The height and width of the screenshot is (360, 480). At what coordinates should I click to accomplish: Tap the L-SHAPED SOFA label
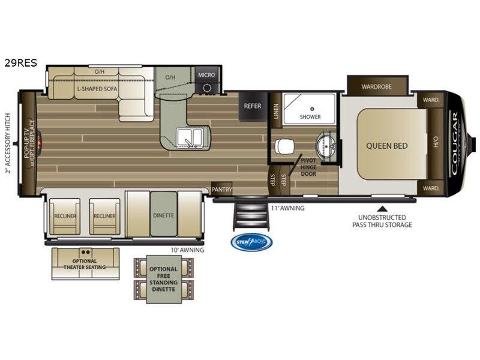pyautogui.click(x=97, y=89)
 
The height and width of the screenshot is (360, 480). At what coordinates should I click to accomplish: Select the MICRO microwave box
pyautogui.click(x=207, y=74)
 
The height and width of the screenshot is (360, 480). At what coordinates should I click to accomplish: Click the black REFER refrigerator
pyautogui.click(x=252, y=106)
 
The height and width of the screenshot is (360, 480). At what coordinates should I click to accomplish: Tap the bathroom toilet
pyautogui.click(x=284, y=146)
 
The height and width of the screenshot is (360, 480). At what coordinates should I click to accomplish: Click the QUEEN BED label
pyautogui.click(x=387, y=145)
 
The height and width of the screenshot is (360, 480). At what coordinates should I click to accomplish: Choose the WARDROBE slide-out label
pyautogui.click(x=377, y=86)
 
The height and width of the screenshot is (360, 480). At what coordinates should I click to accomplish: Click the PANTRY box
pyautogui.click(x=222, y=188)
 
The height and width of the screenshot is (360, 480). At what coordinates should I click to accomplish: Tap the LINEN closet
pyautogui.click(x=277, y=112)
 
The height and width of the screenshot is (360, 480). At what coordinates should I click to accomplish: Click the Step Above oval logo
pyautogui.click(x=251, y=242)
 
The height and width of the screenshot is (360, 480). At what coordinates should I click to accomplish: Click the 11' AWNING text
pyautogui.click(x=287, y=208)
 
